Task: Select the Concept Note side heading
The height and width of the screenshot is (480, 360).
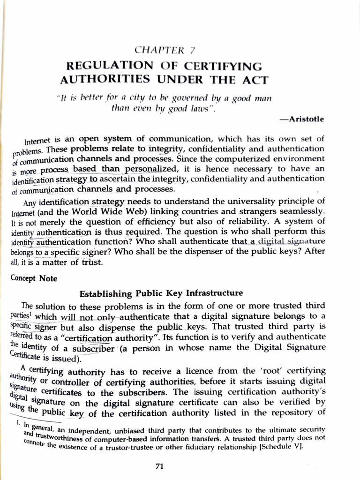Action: click(34, 278)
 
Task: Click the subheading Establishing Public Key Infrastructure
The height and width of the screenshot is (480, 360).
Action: click(161, 293)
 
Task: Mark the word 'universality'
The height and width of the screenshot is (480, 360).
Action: click(232, 201)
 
